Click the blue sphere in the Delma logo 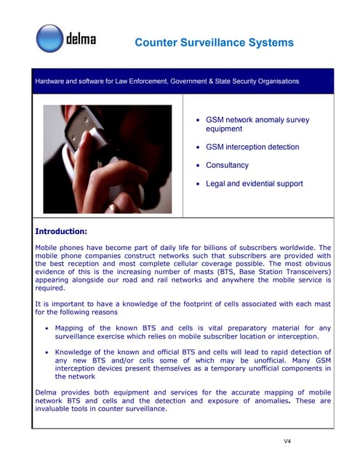tap(50, 39)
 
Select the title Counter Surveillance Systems tap(215, 43)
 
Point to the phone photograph tap(107, 159)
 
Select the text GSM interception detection tap(252, 147)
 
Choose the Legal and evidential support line tap(254, 184)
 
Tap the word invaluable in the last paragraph tap(55, 408)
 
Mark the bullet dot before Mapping tap(48, 328)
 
